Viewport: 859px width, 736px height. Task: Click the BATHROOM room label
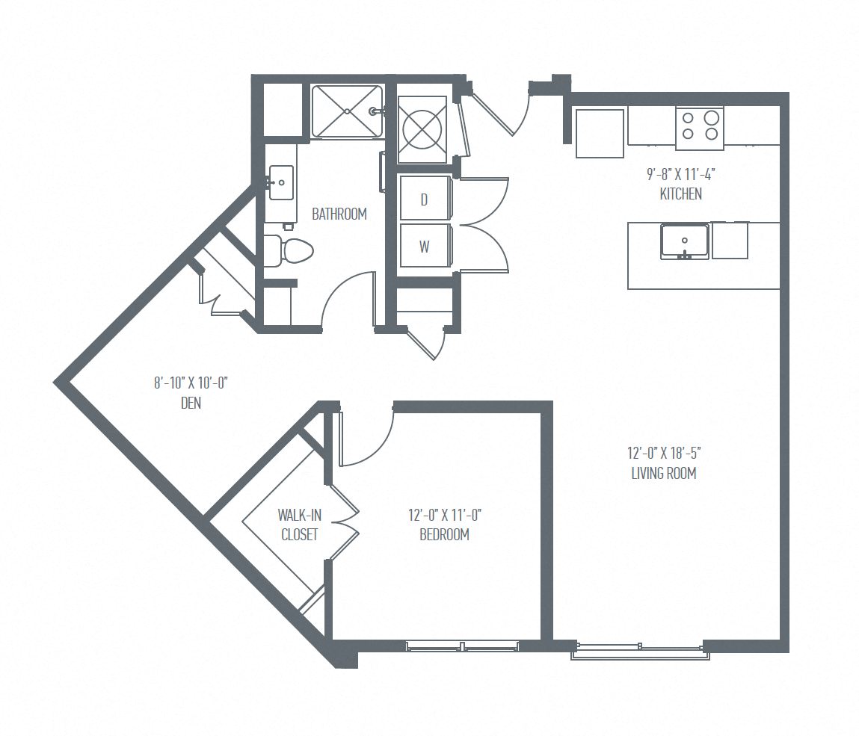coord(339,214)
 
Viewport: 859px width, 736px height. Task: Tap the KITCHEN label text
coord(680,194)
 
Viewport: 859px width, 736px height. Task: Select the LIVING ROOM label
coord(664,473)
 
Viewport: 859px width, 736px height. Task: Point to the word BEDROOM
coord(444,534)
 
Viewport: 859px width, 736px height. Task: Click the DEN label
coord(191,403)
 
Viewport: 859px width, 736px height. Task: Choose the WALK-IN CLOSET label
coord(298,525)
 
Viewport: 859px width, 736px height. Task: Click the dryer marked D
coord(424,200)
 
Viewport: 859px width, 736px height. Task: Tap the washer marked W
coord(424,247)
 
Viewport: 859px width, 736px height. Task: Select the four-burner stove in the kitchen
coord(699,126)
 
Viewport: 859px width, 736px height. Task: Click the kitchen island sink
coord(684,241)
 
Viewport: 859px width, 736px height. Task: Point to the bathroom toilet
coord(288,251)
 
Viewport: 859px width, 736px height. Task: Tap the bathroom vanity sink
coord(282,182)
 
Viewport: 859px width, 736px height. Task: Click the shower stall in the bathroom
coord(347,111)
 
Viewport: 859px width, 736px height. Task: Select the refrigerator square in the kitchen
coord(600,133)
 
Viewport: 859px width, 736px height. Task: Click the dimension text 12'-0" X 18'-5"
coord(664,453)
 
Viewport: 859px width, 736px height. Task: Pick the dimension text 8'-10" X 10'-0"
coord(191,383)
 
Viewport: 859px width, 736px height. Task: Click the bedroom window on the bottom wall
coord(462,645)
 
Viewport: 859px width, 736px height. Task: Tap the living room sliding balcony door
coord(639,650)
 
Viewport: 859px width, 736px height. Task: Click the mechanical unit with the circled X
coord(424,129)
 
